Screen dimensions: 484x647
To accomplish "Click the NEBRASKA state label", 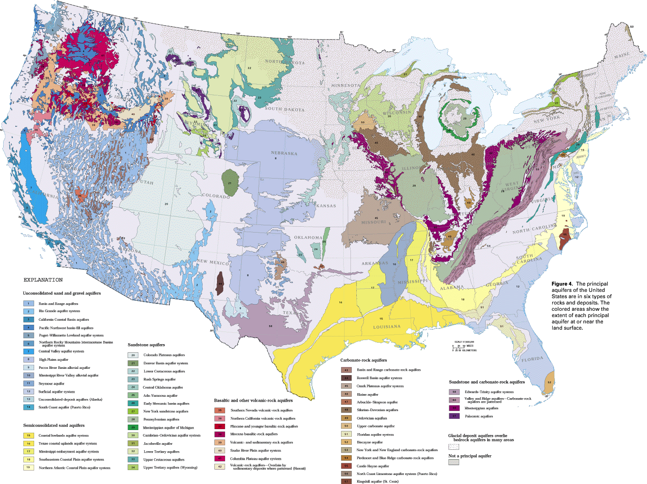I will point(284,153).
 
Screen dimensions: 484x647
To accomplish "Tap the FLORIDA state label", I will point(533,359).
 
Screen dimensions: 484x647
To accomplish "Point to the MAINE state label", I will point(622,55).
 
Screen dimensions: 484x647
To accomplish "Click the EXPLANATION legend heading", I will point(43,280).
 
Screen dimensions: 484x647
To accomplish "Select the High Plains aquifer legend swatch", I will point(28,359).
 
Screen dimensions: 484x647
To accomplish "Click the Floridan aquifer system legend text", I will point(375,435).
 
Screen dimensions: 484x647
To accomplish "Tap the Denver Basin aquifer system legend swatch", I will point(133,363).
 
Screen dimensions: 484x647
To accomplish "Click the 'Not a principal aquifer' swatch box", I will point(454,462).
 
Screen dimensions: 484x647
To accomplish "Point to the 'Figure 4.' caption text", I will point(562,284).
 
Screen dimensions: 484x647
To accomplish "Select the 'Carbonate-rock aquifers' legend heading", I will point(363,360).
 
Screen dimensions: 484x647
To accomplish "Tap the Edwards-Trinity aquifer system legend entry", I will point(489,392).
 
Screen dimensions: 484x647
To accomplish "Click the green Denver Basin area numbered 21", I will point(229,183).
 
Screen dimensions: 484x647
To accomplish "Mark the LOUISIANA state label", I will point(387,327).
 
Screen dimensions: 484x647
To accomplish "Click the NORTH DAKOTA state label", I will point(284,62).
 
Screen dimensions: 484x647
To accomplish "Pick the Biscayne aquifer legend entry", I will point(370,442).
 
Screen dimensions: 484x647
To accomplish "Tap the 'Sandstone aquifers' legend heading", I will point(146,345).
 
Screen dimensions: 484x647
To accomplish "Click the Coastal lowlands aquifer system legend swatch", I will point(28,435).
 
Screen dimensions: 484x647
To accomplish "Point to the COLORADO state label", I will point(216,196).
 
